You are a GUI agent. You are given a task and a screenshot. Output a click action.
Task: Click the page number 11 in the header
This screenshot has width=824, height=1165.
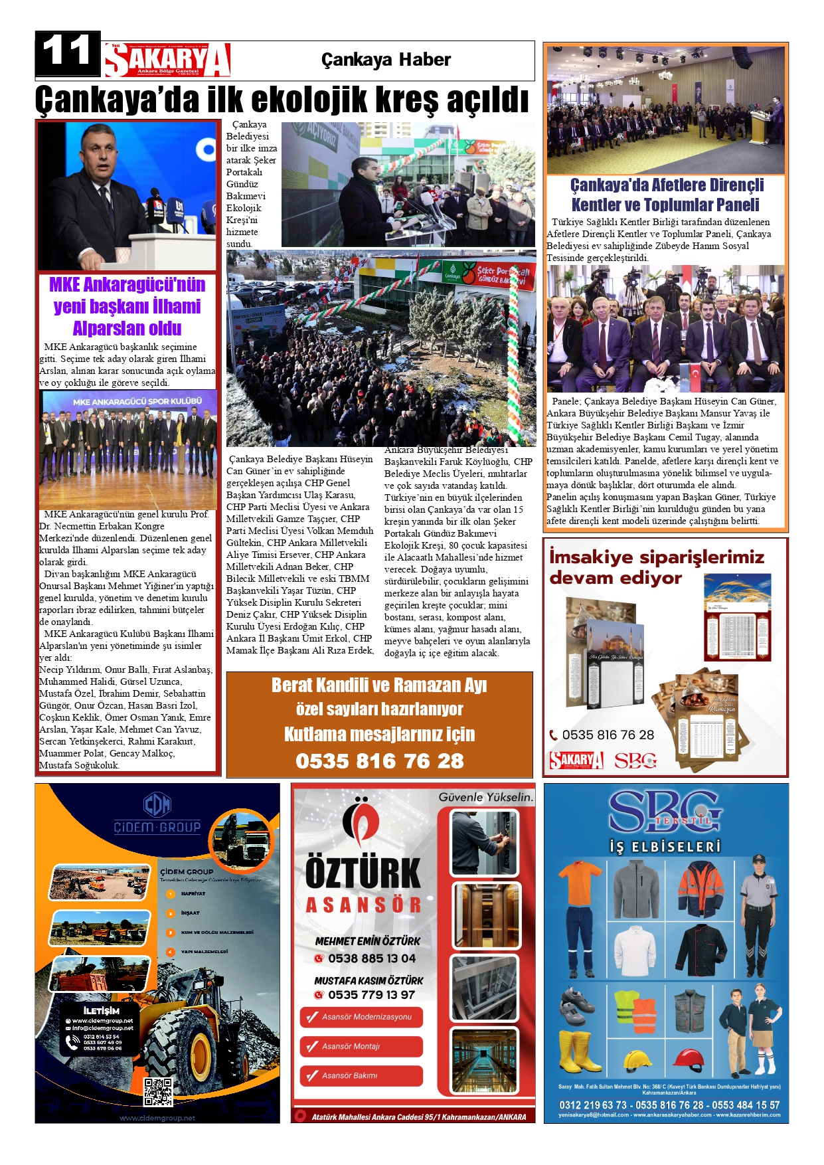[67, 52]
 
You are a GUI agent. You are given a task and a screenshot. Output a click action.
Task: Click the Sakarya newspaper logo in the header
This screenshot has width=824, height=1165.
[167, 60]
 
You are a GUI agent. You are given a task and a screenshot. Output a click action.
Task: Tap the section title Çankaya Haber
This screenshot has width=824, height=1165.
[386, 60]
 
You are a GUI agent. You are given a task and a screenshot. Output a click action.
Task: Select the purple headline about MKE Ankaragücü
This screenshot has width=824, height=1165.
[127, 306]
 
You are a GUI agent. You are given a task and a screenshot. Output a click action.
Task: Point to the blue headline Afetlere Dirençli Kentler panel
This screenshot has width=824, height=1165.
[666, 195]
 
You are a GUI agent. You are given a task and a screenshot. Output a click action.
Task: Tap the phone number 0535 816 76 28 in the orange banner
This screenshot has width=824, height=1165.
[379, 761]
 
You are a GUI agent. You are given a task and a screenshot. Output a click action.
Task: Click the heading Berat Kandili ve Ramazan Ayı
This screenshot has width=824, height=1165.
[379, 685]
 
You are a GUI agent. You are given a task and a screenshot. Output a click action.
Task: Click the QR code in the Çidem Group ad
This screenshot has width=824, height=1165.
[158, 1091]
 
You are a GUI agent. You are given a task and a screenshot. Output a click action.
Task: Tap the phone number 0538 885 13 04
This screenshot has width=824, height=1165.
[371, 958]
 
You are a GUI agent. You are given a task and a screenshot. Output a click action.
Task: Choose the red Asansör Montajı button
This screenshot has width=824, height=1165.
[361, 1046]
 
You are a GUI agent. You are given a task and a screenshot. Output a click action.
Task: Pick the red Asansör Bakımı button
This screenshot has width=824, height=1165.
[361, 1075]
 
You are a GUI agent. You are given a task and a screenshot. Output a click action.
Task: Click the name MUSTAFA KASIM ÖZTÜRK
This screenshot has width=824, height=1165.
[369, 980]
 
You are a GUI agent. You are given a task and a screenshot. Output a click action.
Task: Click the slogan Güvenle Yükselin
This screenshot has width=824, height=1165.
[485, 797]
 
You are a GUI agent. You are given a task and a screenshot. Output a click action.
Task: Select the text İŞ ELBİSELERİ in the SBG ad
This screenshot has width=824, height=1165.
[665, 847]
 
